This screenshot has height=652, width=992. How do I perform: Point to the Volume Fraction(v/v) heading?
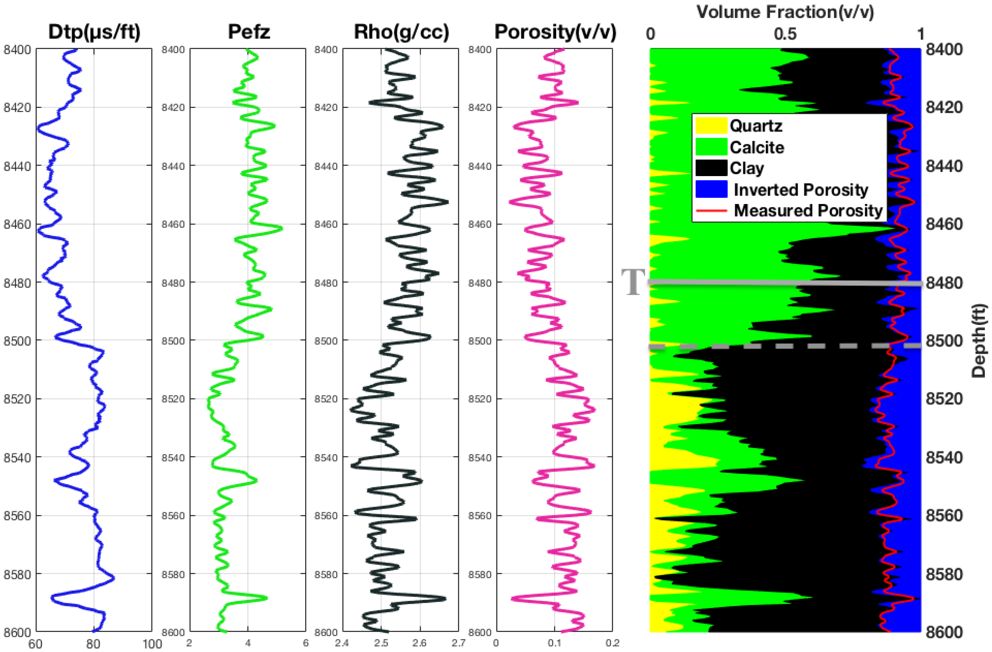pyautogui.click(x=785, y=12)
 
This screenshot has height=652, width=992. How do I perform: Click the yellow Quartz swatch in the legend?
pyautogui.click(x=711, y=126)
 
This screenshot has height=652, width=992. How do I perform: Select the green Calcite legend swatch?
pyautogui.click(x=711, y=147)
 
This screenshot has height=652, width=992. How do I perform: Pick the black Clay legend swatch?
pyautogui.click(x=711, y=168)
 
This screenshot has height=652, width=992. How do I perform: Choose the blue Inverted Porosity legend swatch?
pyautogui.click(x=711, y=189)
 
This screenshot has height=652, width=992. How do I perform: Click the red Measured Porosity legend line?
pyautogui.click(x=711, y=210)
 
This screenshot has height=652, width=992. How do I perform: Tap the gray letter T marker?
pyautogui.click(x=633, y=282)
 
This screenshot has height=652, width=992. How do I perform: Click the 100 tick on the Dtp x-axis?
pyautogui.click(x=152, y=644)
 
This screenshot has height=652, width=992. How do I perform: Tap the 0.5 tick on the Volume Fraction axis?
pyautogui.click(x=785, y=34)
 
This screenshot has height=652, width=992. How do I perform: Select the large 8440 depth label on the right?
pyautogui.click(x=944, y=166)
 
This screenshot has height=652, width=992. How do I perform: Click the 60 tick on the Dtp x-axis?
pyautogui.click(x=35, y=644)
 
